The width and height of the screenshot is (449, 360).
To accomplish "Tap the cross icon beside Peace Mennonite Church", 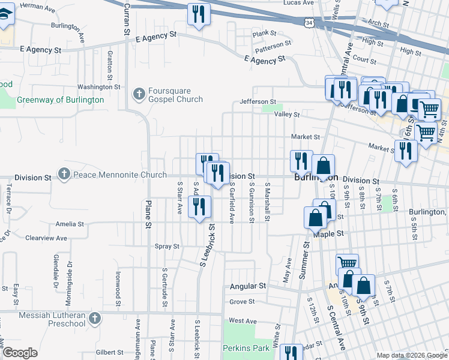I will click(64, 175).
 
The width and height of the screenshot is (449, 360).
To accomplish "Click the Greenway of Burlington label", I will click(60, 100).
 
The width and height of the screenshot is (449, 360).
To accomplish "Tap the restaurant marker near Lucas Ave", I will click(199, 14).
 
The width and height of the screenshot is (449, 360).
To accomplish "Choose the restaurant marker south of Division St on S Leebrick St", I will click(199, 207).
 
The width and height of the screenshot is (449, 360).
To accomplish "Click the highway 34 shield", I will click(308, 22).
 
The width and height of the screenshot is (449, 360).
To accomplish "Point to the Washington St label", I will click(95, 87).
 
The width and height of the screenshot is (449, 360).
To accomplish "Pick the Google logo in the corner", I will click(20, 353).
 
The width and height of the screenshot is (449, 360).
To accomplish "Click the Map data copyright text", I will click(411, 355).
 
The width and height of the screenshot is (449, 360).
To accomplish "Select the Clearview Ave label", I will click(46, 238).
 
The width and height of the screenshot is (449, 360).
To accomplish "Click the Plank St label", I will click(264, 34).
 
